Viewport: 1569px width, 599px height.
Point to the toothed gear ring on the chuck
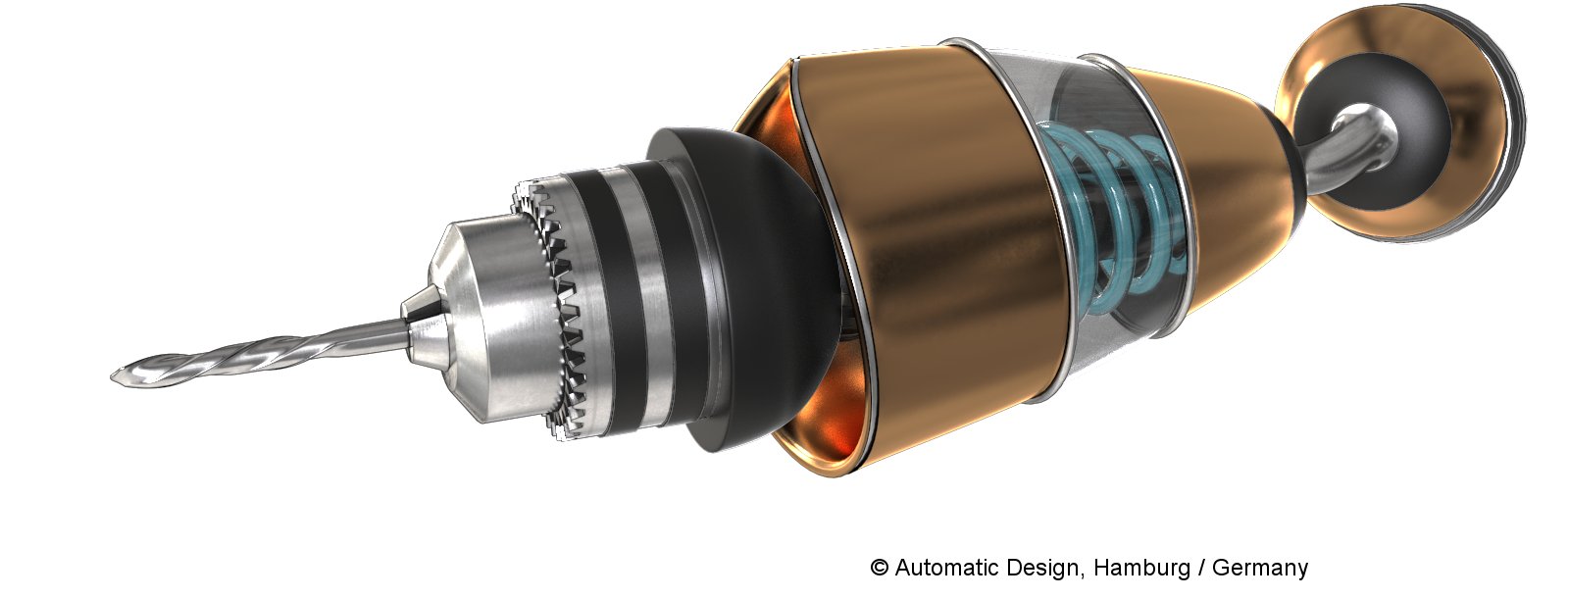553,308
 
